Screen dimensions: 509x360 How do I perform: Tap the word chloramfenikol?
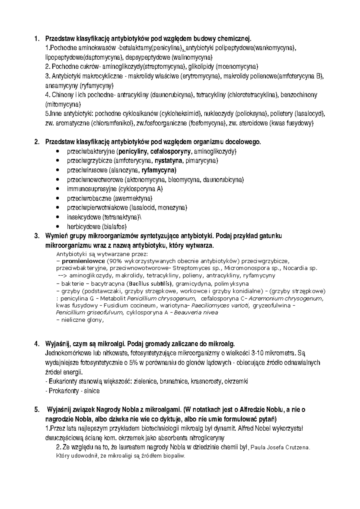112,123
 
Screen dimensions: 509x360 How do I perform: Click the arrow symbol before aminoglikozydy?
63,275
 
